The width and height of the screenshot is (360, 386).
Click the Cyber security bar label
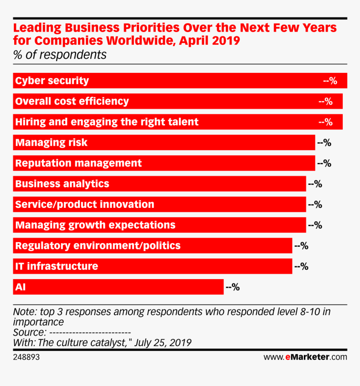[x=52, y=81]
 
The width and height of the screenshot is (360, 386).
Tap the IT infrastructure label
[x=57, y=266]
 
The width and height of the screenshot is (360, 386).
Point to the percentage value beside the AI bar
[x=233, y=287]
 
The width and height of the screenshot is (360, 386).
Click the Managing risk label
[x=51, y=142]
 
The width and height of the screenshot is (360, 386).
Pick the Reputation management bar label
[x=78, y=163]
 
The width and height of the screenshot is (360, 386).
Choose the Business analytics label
[x=62, y=184]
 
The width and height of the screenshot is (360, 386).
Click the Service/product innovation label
[x=85, y=205]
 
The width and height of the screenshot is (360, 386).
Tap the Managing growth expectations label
[x=95, y=225]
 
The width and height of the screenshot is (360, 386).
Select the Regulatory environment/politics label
[x=98, y=246]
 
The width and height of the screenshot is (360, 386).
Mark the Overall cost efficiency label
[x=72, y=101]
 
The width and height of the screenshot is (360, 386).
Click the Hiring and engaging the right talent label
[x=107, y=122]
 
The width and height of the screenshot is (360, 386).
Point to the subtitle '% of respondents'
[x=60, y=55]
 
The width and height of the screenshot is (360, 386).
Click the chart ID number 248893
[x=26, y=358]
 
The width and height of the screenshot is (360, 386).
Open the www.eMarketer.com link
[x=305, y=358]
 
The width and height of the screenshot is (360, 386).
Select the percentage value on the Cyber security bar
[x=330, y=81]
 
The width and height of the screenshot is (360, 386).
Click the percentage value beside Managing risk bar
[x=324, y=142]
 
